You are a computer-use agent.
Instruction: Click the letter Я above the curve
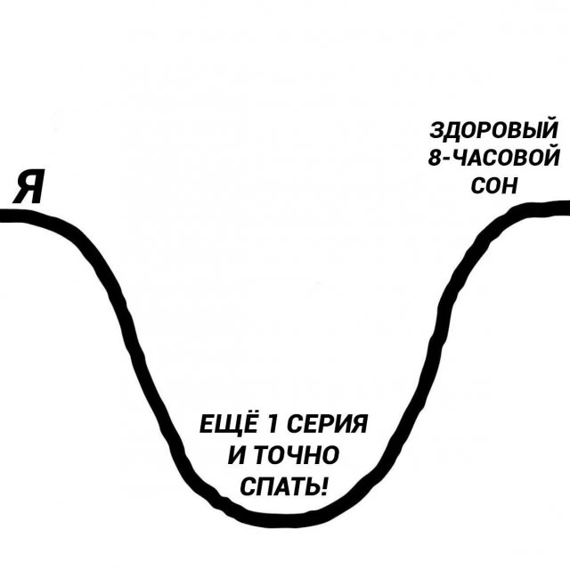(28, 186)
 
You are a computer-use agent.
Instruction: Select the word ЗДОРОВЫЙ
(494, 128)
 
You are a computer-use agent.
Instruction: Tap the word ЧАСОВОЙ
(505, 158)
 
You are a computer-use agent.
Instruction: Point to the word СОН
(494, 185)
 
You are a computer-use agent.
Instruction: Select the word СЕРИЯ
(327, 423)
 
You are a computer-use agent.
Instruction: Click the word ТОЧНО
(297, 455)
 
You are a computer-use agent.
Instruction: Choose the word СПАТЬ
(280, 486)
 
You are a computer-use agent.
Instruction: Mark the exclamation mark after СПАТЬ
(324, 486)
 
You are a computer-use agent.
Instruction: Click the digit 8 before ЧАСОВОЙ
(436, 158)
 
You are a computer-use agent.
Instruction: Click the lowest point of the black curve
(273, 520)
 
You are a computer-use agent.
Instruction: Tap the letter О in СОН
(494, 185)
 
